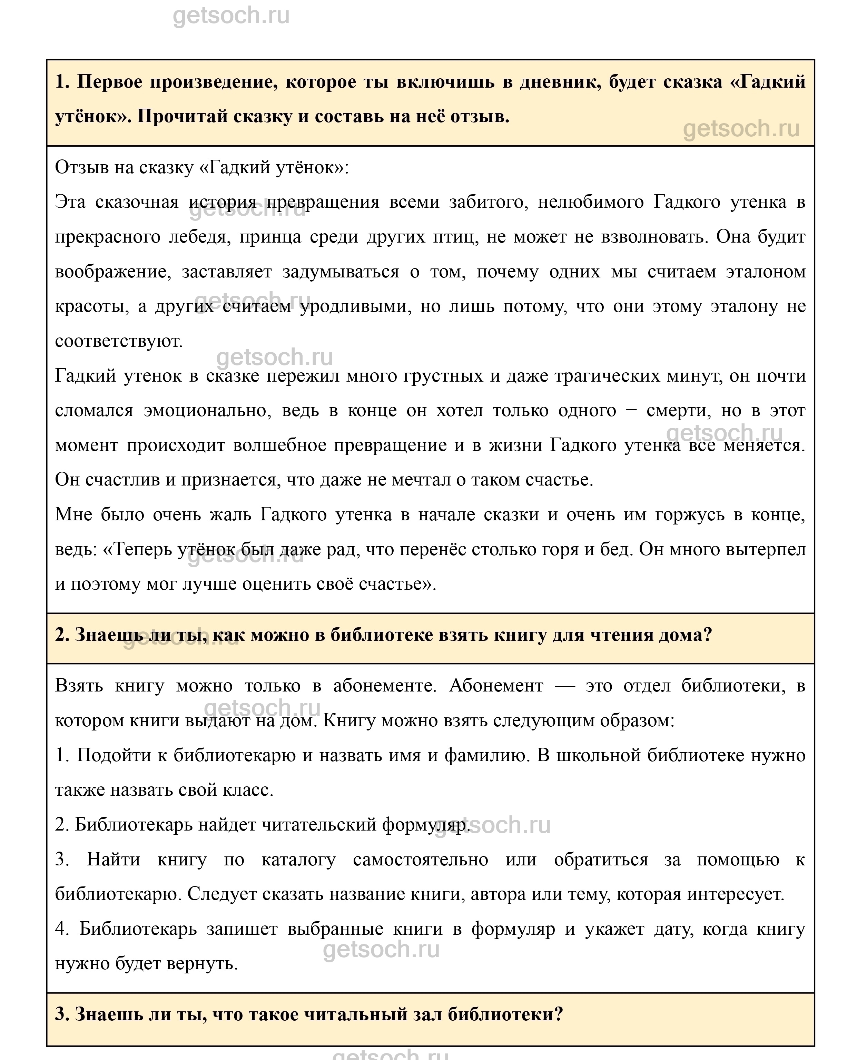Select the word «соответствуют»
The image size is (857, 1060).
(x=118, y=341)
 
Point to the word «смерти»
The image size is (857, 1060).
(x=678, y=411)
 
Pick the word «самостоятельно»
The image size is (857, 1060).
(x=421, y=860)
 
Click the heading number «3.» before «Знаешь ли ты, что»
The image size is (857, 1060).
(x=62, y=1014)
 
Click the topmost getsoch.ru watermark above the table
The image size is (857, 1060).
(x=231, y=16)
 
